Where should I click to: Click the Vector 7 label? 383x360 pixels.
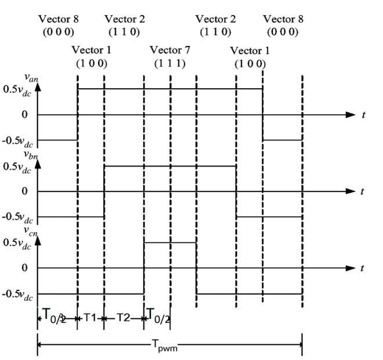pyautogui.click(x=169, y=50)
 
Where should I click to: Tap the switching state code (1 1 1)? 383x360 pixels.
pyautogui.click(x=169, y=63)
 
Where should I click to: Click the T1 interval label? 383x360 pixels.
pyautogui.click(x=90, y=317)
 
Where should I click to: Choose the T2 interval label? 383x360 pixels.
pyautogui.click(x=123, y=317)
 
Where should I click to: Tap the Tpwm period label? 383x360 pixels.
pyautogui.click(x=166, y=347)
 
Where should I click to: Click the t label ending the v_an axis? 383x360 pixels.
pyautogui.click(x=363, y=115)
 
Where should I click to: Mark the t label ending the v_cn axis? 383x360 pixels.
pyautogui.click(x=363, y=268)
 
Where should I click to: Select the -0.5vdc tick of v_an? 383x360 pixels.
pyautogui.click(x=20, y=140)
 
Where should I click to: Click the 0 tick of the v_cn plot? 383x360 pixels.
pyautogui.click(x=25, y=268)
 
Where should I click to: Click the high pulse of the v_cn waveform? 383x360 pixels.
pyautogui.click(x=170, y=242)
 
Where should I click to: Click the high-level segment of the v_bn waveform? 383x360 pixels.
pyautogui.click(x=170, y=166)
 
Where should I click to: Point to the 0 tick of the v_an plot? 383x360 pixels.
pyautogui.click(x=25, y=115)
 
